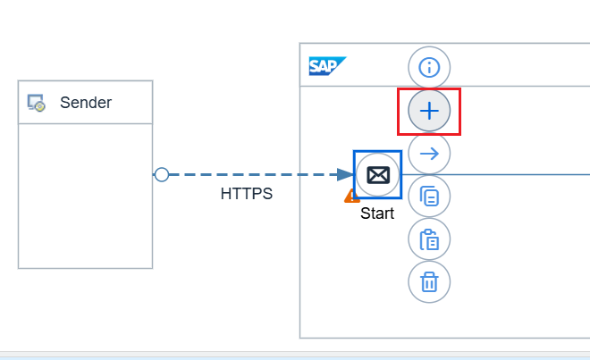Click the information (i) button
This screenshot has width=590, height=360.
(429, 67)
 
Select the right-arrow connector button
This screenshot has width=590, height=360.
(429, 154)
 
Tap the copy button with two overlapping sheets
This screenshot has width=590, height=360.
(429, 197)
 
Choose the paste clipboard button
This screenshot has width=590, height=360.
(429, 239)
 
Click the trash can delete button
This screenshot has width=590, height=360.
(429, 282)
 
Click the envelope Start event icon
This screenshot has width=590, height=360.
(377, 175)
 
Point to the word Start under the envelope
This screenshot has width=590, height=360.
(377, 214)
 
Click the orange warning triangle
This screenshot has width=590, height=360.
(352, 196)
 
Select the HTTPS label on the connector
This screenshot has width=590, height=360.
(247, 193)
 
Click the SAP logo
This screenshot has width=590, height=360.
(327, 66)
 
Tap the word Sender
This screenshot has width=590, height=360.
(86, 103)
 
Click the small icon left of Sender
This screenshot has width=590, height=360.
(37, 103)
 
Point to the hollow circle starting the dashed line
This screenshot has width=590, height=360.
(162, 175)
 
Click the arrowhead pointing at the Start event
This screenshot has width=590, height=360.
(345, 175)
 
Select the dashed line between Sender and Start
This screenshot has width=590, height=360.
(250, 175)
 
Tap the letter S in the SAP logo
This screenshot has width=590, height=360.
(315, 66)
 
